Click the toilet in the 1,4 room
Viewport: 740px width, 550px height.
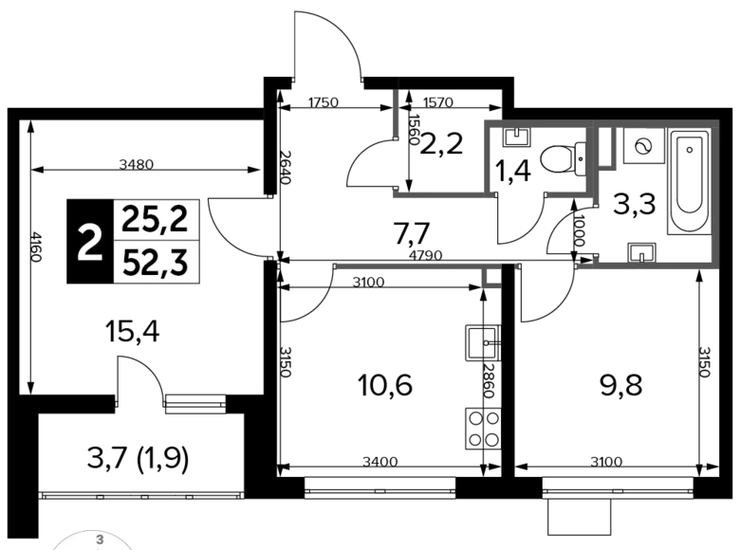coord(563,159)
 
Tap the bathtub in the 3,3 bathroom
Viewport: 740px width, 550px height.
coord(690,181)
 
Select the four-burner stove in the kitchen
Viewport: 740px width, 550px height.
coord(483,429)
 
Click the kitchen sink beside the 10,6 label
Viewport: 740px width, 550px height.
coord(483,342)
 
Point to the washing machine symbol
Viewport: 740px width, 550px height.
coord(643,146)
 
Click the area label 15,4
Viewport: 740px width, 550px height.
coord(133,332)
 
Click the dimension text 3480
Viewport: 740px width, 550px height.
coord(137,165)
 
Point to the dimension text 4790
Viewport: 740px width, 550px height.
coord(426,256)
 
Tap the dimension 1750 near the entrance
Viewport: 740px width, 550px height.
coord(323,102)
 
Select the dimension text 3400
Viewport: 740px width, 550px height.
coord(380,462)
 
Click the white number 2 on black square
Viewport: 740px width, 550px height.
coord(90,242)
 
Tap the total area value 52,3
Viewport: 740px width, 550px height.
coord(156,263)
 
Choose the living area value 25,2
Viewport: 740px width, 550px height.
coord(156,220)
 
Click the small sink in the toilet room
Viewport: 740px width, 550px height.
coord(518,137)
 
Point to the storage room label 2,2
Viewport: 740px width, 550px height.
coord(441,144)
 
